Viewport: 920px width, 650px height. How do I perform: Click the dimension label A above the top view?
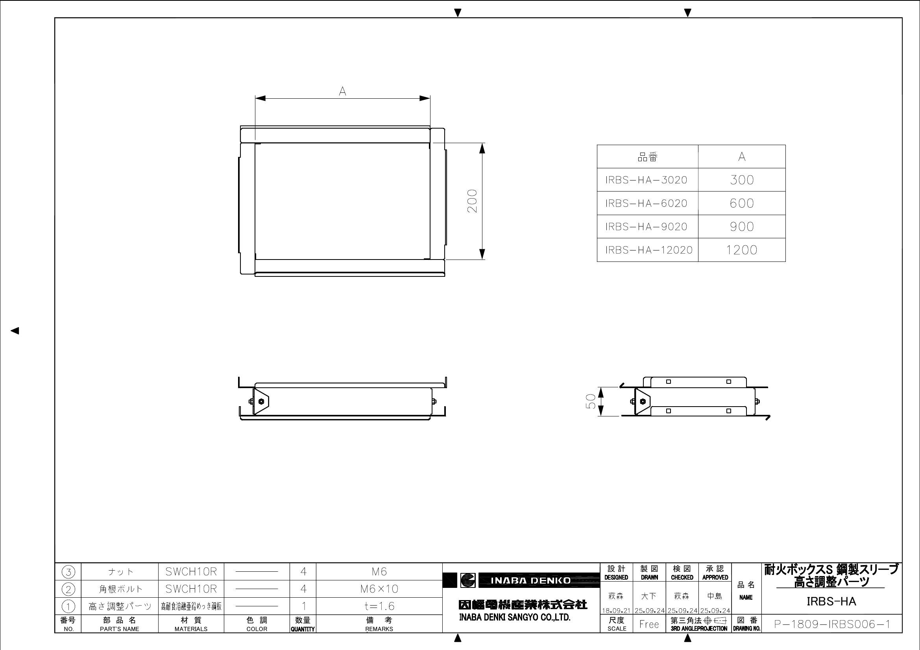tap(342, 92)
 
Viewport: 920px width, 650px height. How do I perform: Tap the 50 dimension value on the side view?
tap(591, 401)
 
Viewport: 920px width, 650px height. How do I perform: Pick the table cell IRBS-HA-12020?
tap(649, 250)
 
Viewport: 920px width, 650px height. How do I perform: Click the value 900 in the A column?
tap(742, 226)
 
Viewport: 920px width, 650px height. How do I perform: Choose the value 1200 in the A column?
tap(742, 250)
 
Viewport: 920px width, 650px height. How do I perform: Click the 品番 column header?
tap(648, 157)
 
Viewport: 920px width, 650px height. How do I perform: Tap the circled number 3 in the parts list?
tap(68, 572)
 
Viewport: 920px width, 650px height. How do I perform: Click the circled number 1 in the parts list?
tap(68, 606)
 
